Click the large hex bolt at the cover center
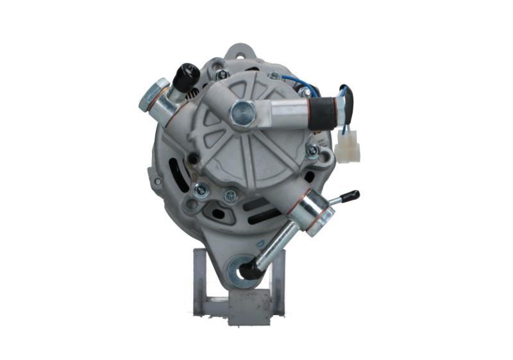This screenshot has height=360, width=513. [242, 113]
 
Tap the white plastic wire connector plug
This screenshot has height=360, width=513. [347, 151]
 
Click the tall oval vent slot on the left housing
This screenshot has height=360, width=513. [174, 175]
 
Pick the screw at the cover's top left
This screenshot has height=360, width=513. [222, 75]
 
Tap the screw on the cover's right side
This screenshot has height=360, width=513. [312, 151]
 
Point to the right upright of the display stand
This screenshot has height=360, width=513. [278, 282]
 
